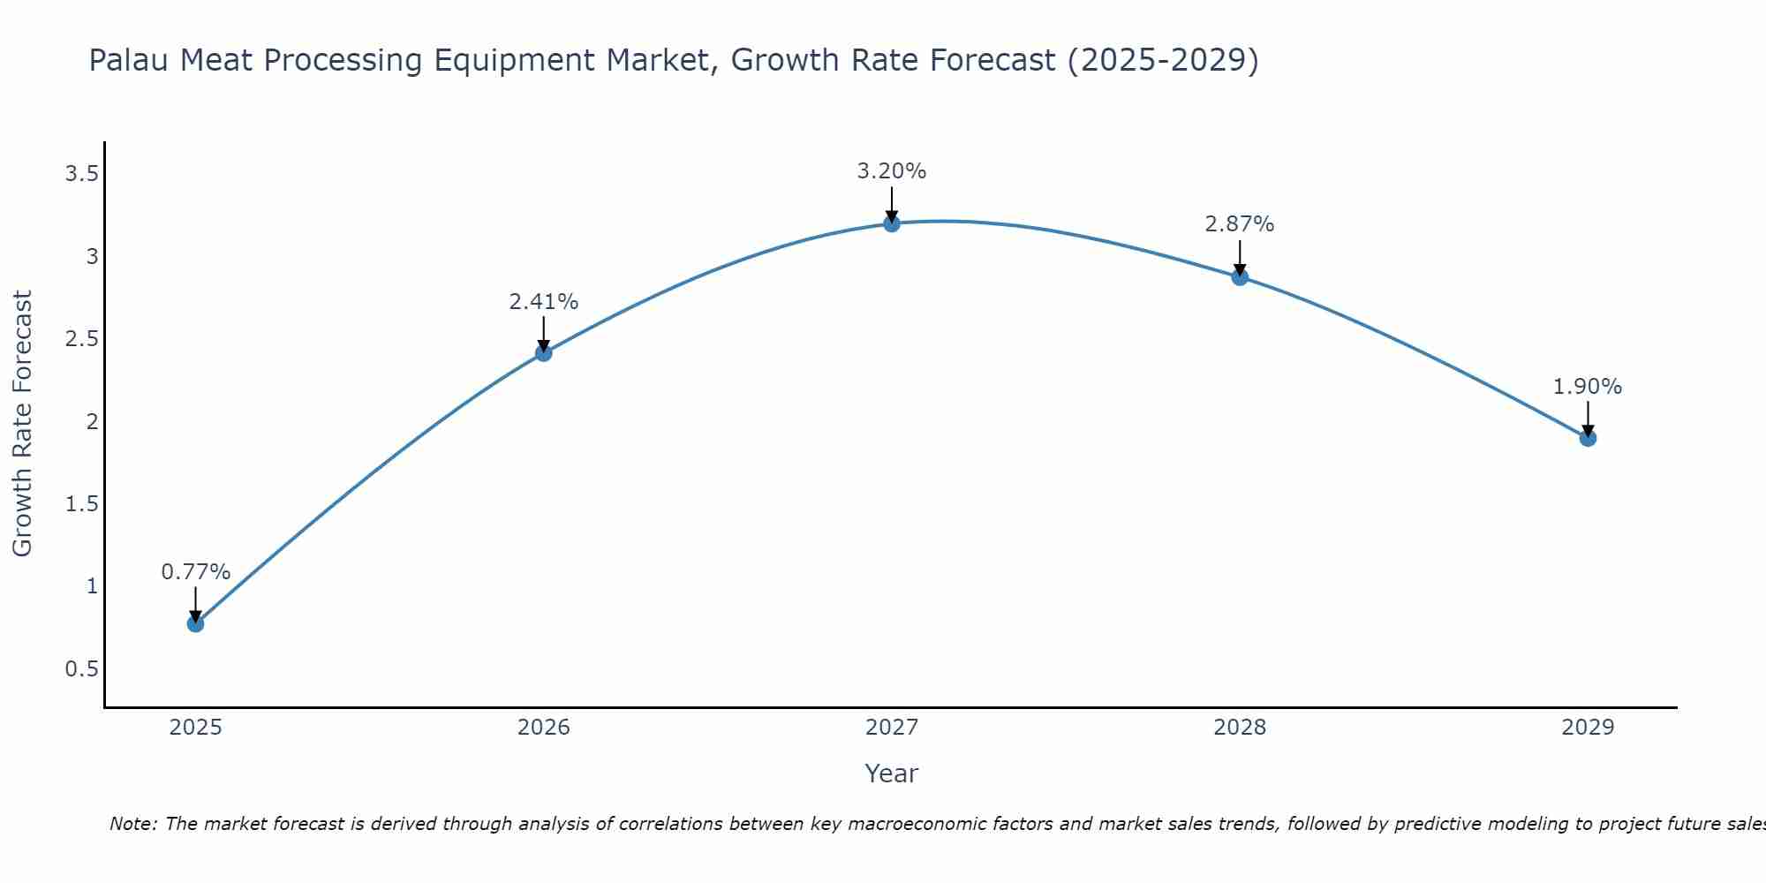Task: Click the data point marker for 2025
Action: (195, 623)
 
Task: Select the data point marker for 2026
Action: (543, 353)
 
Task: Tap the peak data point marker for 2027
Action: (891, 223)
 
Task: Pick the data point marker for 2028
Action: (1240, 277)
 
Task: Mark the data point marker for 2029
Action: (1588, 438)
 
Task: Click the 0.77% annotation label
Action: (195, 572)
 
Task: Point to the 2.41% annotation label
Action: (543, 302)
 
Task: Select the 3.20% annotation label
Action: (891, 171)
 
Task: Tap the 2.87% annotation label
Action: (1240, 224)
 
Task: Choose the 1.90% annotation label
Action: (1588, 387)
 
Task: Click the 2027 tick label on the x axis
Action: (891, 728)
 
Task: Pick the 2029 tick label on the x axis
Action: (1588, 728)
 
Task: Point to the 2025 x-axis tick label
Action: (195, 728)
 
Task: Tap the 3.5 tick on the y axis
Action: (81, 174)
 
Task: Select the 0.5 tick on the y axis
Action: (81, 669)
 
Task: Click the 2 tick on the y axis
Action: (92, 422)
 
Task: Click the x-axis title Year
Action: (891, 774)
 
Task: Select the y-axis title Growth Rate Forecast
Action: (22, 424)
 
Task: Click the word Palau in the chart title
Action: (130, 60)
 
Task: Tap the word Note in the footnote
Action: (132, 824)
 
